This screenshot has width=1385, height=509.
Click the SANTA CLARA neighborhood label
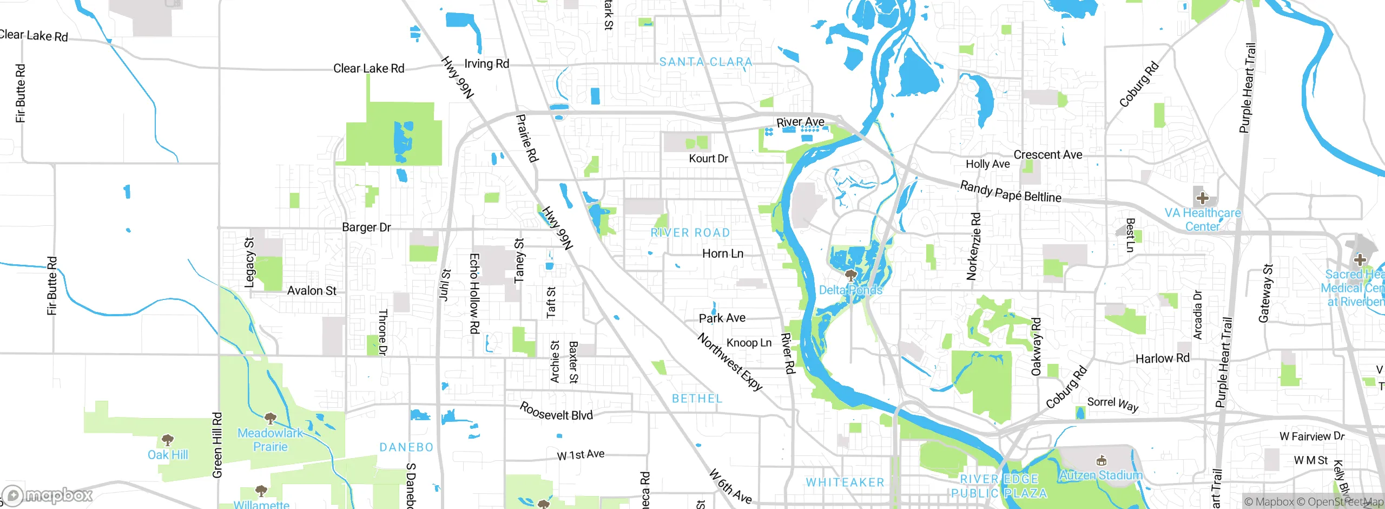coord(705,62)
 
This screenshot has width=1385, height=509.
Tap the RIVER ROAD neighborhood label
coord(690,233)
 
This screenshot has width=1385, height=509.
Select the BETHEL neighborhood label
coord(697,399)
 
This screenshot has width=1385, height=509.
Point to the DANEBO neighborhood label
coord(406,447)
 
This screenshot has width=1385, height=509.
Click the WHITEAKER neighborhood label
coord(845,482)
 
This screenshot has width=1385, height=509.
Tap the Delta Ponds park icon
coord(850,275)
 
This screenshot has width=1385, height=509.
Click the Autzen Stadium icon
coord(1100,461)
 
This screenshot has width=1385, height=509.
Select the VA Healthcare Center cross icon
coord(1202,198)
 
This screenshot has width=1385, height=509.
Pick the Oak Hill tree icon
coord(168,439)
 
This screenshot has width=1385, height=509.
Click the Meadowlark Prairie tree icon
coord(270,418)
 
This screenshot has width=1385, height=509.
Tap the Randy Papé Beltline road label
coord(1010,192)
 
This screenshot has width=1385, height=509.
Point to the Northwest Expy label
coord(730,362)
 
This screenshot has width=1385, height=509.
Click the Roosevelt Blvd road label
coord(556,412)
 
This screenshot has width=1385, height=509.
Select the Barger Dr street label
coord(366,227)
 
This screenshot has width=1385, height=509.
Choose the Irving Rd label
coord(486,64)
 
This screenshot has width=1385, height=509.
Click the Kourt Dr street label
coord(708,159)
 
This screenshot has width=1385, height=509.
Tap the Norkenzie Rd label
coord(973,246)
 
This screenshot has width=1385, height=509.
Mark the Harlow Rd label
coord(1162,358)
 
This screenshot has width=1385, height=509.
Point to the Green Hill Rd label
coord(217,445)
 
